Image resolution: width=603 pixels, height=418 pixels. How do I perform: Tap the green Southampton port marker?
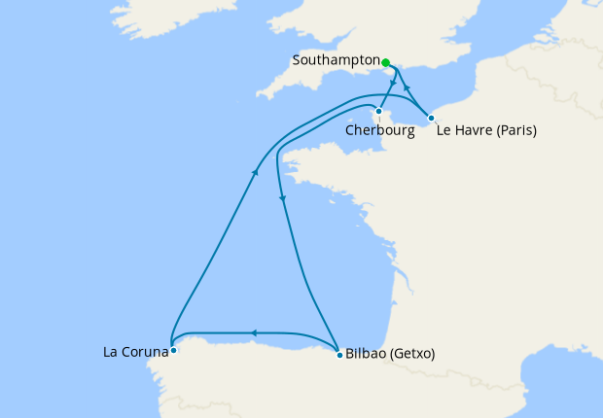point(386,63)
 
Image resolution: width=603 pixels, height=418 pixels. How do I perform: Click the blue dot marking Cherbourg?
point(378,111)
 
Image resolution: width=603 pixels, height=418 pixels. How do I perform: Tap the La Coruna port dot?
point(172,350)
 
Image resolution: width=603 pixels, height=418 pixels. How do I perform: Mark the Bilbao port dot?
point(337,351)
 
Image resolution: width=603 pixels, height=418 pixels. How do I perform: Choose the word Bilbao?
point(366,355)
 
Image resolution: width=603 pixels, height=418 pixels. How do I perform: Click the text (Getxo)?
point(412,355)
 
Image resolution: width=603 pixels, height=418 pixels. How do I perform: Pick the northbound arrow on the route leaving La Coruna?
point(256,171)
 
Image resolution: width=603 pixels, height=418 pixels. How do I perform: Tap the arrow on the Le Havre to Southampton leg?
point(407,88)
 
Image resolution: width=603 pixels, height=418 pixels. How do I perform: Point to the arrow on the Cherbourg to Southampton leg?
point(392,86)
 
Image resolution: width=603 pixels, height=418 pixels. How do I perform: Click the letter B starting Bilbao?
point(350,355)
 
